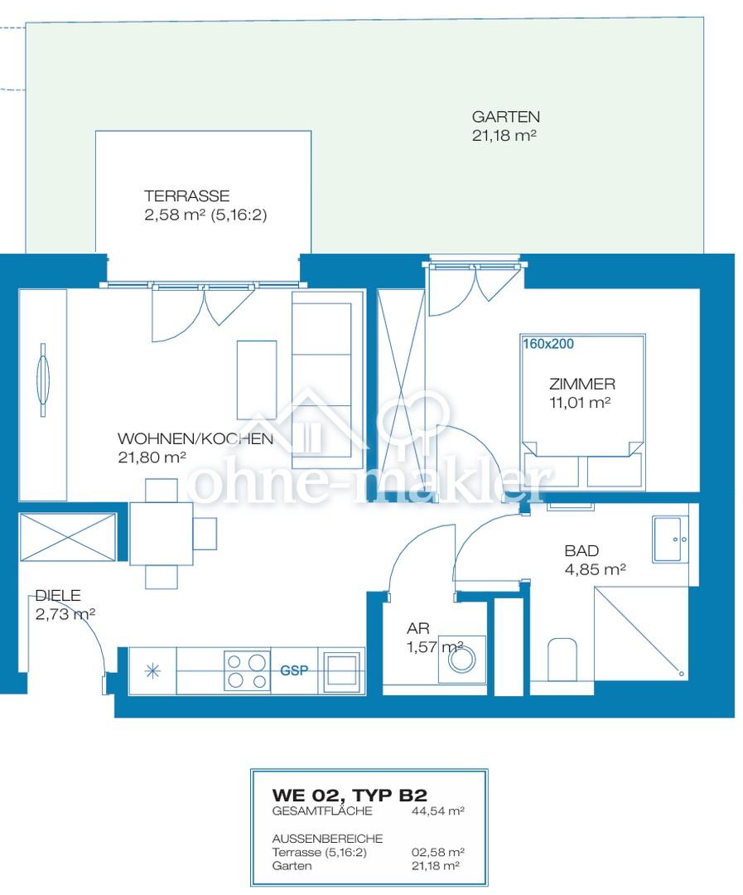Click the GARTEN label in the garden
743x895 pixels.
(505, 117)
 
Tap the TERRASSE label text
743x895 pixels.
(186, 196)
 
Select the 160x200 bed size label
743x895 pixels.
(548, 344)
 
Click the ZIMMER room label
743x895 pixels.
(582, 384)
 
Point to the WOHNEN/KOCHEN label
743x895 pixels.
(195, 438)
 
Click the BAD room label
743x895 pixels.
(581, 551)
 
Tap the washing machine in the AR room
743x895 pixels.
(461, 660)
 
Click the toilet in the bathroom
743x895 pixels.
(562, 660)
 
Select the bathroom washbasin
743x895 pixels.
(671, 539)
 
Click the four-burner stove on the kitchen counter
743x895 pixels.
(247, 670)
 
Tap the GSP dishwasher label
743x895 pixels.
(294, 670)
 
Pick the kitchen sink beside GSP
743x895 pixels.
(341, 671)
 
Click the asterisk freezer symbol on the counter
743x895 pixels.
(152, 671)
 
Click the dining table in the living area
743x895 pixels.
(161, 533)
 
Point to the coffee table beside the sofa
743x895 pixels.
(257, 380)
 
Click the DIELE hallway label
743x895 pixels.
(58, 595)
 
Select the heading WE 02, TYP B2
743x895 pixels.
(350, 795)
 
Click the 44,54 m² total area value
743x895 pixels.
(437, 810)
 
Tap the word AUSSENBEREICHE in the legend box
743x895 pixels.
(327, 839)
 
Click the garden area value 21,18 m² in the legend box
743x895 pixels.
(436, 865)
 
